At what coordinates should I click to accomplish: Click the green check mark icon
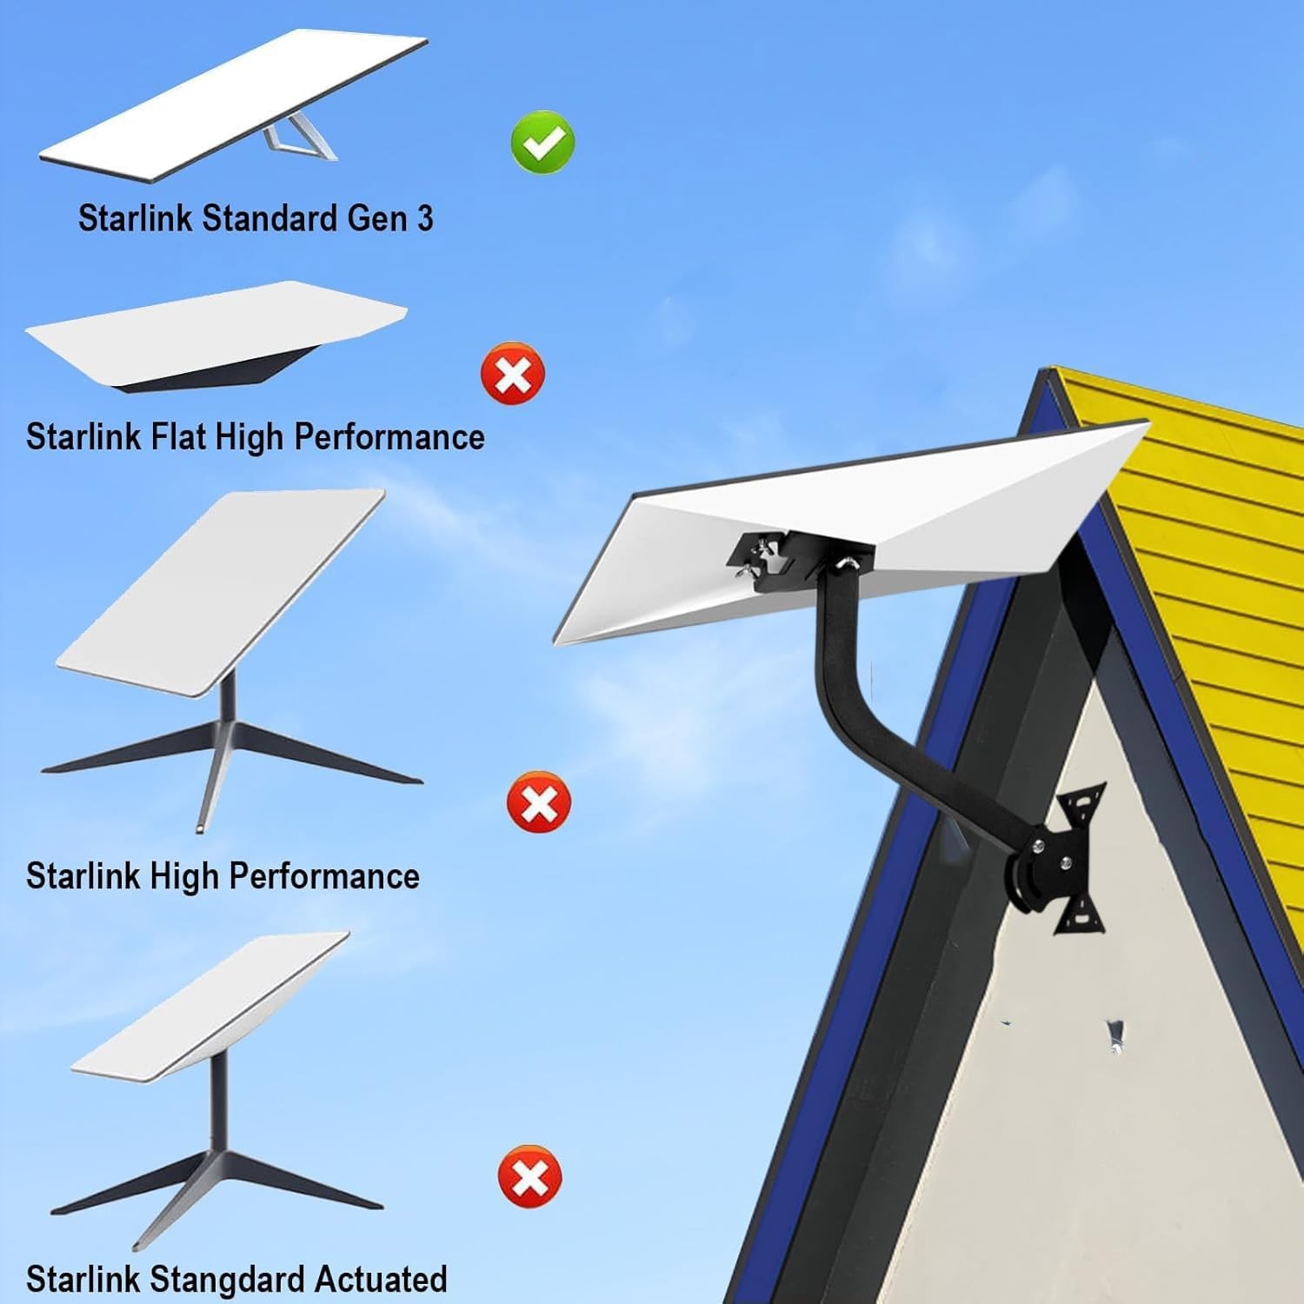542,141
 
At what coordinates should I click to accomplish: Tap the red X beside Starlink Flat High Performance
513,373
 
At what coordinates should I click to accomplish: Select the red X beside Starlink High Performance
538,802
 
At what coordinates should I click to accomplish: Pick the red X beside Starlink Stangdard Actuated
529,1177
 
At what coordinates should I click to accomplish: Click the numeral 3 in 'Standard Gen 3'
424,218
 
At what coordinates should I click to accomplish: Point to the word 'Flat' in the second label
179,436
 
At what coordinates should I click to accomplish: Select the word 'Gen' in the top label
377,218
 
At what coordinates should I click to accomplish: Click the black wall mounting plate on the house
1078,856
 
